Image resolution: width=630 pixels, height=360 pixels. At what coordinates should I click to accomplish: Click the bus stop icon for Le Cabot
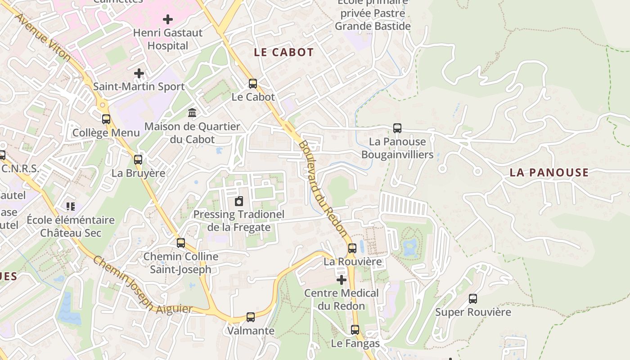point(253,83)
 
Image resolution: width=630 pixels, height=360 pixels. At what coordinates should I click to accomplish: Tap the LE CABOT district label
point(283,52)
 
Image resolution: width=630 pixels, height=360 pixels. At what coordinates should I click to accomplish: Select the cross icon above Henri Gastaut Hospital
point(168,19)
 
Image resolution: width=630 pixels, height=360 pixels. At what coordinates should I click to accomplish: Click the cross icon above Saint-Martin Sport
point(139,73)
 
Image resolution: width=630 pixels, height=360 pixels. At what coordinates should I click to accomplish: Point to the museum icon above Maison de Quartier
point(192,112)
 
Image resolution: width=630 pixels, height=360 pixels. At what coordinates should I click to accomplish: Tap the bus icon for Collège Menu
point(106,119)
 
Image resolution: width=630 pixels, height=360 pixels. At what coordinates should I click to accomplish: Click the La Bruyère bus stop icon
point(138,159)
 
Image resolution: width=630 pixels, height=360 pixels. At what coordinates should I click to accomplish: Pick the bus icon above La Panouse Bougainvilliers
point(397,128)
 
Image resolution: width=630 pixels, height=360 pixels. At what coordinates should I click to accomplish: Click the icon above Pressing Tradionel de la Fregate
point(239,201)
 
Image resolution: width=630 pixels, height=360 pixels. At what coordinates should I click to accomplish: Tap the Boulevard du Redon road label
point(323,189)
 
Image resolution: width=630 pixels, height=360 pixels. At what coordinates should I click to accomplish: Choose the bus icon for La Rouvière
point(352,248)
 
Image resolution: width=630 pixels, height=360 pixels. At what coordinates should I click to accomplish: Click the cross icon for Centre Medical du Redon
point(342,280)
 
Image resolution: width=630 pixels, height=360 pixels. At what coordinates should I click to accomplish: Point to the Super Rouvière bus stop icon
point(473,298)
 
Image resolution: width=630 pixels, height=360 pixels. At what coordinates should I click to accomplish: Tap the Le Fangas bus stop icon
point(355,330)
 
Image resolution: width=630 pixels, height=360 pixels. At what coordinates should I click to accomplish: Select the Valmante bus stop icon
point(251,317)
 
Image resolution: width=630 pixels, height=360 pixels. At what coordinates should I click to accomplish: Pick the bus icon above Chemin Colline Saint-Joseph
point(181,243)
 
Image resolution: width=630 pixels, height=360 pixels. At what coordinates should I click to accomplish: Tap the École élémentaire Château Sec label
point(71,226)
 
